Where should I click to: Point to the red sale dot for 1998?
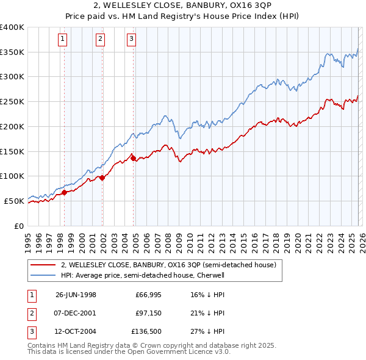pyautogui.click(x=65, y=192)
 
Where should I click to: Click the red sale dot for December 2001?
pyautogui.click(x=102, y=178)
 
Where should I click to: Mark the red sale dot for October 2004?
pyautogui.click(x=133, y=158)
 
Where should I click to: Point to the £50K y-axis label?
pyautogui.click(x=15, y=201)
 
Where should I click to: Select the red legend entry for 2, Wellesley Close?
pyautogui.click(x=168, y=265)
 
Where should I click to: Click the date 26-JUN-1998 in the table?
pyautogui.click(x=76, y=294)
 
